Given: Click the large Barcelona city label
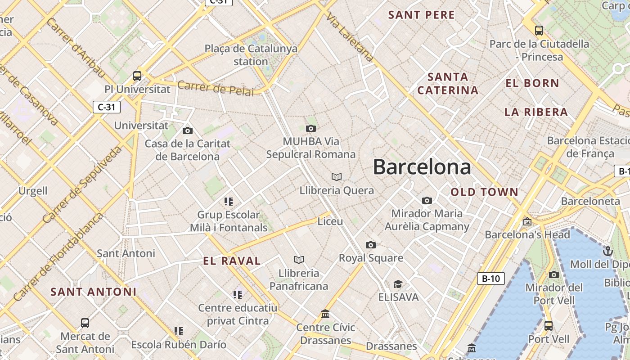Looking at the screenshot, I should coord(422,167).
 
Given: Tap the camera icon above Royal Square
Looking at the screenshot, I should coord(371,245).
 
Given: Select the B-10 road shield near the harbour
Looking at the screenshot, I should coord(490,279).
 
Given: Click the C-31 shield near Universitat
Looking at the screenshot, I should coord(107,107).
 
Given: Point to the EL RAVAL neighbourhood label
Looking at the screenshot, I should coord(232,261).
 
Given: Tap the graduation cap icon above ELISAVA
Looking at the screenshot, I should coord(398,284).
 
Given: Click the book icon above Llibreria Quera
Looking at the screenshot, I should coord(337,177).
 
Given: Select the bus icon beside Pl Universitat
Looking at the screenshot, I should coord(137,76).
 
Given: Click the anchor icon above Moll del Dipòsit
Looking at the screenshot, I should coord(608,251).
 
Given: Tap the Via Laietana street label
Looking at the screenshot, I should coord(350,37).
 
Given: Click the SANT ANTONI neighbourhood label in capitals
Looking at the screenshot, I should coord(93,292).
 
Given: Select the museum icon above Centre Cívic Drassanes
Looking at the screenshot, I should coord(325,314).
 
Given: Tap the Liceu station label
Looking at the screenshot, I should coord(330,221).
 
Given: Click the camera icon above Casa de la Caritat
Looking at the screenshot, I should coord(188,130).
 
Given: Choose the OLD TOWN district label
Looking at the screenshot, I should coord(485,192).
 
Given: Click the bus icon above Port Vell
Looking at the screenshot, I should coord(549,325).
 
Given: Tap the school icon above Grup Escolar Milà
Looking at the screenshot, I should coord(229,201).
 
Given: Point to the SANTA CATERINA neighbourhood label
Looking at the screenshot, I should coord(448,83).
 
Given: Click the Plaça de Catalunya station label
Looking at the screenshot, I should coord(251,55).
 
